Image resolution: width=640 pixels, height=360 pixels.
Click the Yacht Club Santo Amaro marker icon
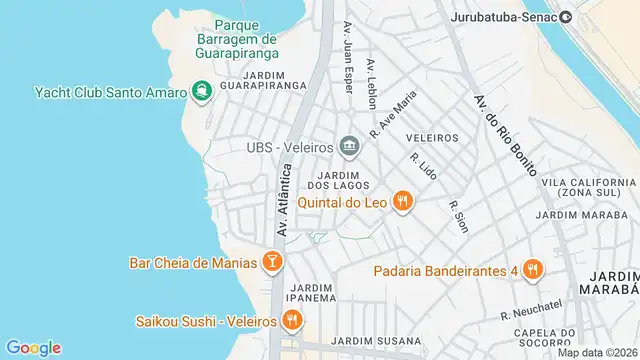pos(203,92)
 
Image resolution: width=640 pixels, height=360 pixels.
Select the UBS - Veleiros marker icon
pos(349,148)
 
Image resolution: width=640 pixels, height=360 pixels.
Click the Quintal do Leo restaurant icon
pos(403,202)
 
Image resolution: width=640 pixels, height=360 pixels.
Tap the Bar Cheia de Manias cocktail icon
pos(272,262)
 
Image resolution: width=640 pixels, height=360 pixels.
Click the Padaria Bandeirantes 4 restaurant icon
pos(533,269)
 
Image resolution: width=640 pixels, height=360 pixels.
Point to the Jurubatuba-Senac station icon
pos(566,16)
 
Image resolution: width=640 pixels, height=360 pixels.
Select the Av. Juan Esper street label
pos(349,58)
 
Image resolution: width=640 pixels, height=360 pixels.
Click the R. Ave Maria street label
pos(392,113)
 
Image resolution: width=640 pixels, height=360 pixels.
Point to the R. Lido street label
pos(423,166)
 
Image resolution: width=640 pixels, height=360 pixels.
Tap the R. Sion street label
pos(458,215)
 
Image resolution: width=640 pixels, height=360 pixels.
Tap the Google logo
pos(33,347)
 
